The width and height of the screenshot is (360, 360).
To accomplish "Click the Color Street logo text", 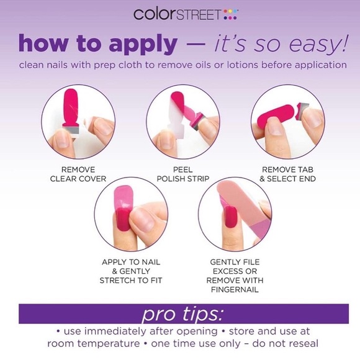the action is click(x=178, y=14).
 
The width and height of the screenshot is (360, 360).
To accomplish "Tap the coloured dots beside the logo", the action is click(x=230, y=14).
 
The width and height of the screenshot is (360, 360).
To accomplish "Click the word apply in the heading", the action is click(x=143, y=44).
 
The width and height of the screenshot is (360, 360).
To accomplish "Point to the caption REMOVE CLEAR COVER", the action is click(x=78, y=174).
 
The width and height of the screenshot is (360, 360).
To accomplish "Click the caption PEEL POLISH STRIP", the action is click(x=183, y=174).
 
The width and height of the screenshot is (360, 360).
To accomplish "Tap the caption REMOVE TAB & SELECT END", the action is click(x=287, y=174).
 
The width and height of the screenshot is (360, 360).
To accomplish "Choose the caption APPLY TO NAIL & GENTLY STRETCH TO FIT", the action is click(x=131, y=271).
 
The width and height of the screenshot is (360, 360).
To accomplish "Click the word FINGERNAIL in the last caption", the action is click(x=235, y=290).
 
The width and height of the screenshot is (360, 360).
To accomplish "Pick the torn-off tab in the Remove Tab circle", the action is click(x=302, y=111).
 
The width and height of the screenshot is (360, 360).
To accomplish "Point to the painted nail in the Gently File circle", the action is click(x=230, y=217).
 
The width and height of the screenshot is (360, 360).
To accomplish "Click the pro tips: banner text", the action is click(x=183, y=314).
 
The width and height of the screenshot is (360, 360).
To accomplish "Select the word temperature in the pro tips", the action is click(x=109, y=344).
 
